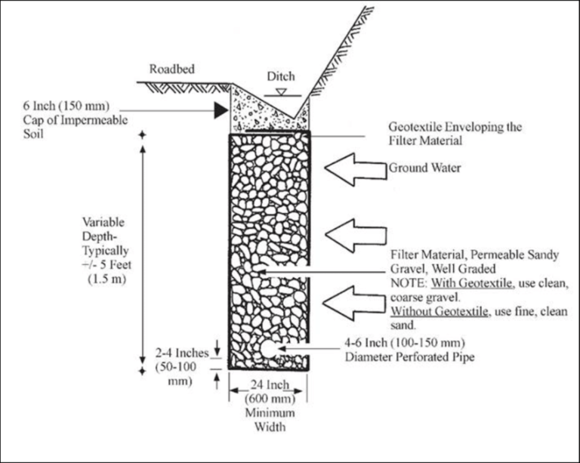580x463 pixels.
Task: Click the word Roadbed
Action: pyautogui.click(x=171, y=68)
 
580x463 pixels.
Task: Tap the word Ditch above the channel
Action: pyautogui.click(x=280, y=77)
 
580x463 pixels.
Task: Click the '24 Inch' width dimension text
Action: pyautogui.click(x=267, y=384)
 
